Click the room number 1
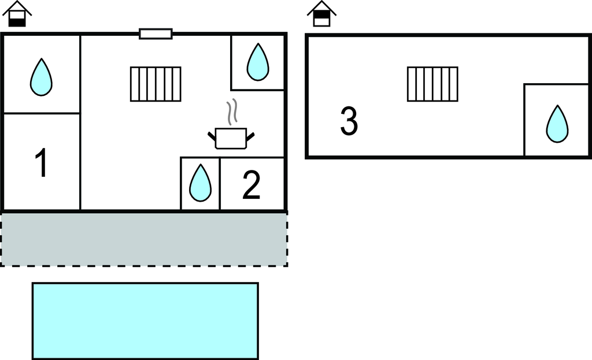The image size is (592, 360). click(41, 163)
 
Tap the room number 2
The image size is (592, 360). click(251, 185)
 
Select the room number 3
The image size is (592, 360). click(349, 122)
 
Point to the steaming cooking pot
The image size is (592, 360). click(231, 138)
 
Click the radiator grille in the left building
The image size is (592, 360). click(156, 84)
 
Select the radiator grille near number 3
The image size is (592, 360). click(432, 84)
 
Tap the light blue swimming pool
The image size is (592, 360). click(145, 321)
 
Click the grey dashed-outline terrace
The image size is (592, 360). click(144, 239)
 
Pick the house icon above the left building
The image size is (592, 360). click(18, 14)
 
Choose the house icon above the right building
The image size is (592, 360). click(321, 14)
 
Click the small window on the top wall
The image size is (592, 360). click(156, 34)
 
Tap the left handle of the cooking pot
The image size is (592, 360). click(212, 136)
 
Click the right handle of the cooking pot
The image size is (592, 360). click(250, 136)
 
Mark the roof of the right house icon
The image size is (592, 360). click(321, 7)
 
